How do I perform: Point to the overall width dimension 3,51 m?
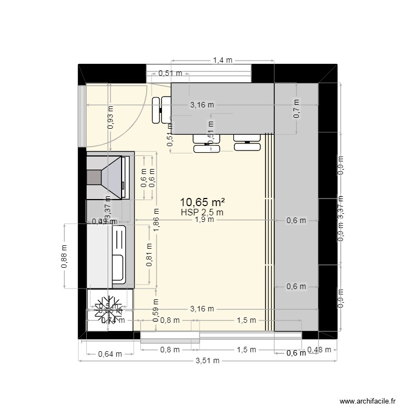(x=208, y=360)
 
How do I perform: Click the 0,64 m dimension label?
(x=110, y=353)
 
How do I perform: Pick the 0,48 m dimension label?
(x=319, y=350)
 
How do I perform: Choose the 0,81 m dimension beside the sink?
(x=149, y=255)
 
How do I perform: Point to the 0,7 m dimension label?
(x=297, y=109)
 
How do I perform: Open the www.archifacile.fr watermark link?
(x=366, y=401)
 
